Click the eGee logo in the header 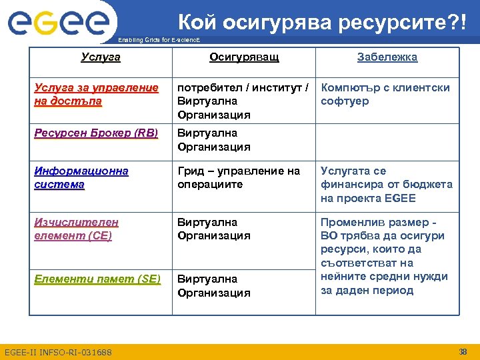pos(59,23)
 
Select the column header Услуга pos(101,57)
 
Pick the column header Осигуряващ pos(244,57)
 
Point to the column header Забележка pos(387,57)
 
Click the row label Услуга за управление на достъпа pos(96,95)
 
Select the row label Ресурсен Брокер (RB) pos(96,133)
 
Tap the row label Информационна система pos(81,177)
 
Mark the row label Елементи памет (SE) pos(97,279)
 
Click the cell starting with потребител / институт pos(243,101)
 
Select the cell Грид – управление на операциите pos(239,177)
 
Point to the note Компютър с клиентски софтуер pos(385,95)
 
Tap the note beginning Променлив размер pos(383,256)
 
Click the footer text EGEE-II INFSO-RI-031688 pos(58,352)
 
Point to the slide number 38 pos(463,351)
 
